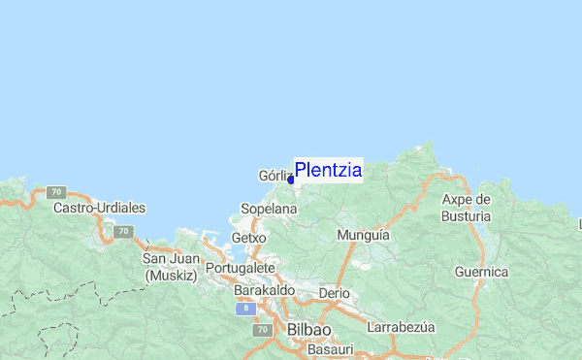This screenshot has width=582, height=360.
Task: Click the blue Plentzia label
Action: tap(328, 171)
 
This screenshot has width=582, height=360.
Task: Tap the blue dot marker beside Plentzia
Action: tap(291, 180)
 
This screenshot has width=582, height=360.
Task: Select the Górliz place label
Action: tap(275, 177)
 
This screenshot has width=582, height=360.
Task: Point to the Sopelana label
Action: tap(269, 209)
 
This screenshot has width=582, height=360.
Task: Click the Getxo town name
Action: tap(249, 238)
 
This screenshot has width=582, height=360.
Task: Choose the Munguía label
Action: tap(363, 235)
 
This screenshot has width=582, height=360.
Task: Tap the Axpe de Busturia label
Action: tap(467, 208)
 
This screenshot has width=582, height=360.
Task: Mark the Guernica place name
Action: tap(481, 272)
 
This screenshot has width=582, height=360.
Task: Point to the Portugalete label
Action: tap(242, 268)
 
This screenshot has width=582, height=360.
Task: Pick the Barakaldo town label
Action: tap(264, 290)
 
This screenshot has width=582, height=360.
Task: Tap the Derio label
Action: tap(334, 292)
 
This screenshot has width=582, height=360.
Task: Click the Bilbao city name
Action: tap(309, 330)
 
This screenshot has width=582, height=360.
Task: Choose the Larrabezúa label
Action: tap(401, 327)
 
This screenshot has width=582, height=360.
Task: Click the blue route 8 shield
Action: tap(246, 308)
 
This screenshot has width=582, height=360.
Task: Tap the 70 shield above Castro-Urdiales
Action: tap(57, 192)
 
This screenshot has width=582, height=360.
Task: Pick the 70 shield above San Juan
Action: tap(122, 232)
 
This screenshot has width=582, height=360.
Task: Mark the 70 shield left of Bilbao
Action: tap(262, 330)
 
